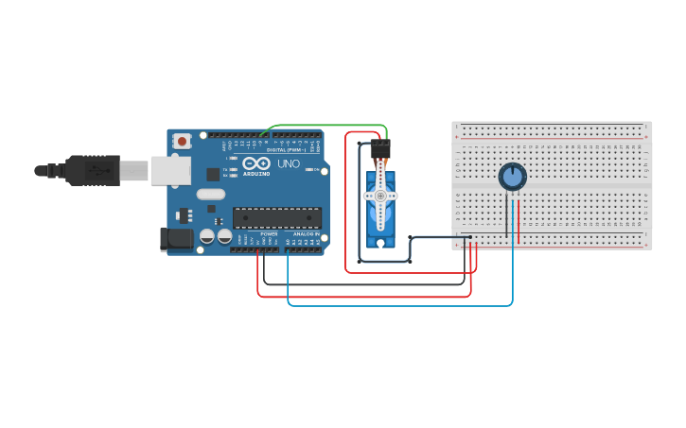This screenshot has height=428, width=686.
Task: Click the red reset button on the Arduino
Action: pos(182,142)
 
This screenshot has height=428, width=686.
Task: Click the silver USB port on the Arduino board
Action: pos(171,170)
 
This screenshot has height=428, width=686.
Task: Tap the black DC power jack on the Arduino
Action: pos(176,240)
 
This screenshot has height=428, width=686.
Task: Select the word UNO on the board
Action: pos(288,164)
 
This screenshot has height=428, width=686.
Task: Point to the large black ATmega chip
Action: pos(276,217)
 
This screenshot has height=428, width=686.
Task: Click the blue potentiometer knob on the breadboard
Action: pos(512,177)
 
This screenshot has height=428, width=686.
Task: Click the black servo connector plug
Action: pos(380,150)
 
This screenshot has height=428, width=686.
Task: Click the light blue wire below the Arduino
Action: pos(397,305)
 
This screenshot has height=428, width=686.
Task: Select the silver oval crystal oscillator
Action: pos(210,195)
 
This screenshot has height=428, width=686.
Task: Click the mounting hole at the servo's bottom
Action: pos(380,242)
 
